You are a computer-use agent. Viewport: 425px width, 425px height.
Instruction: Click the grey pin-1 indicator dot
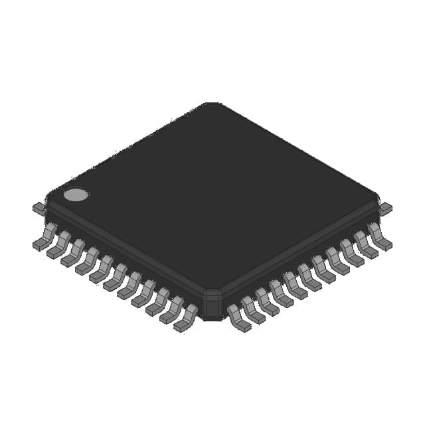75,195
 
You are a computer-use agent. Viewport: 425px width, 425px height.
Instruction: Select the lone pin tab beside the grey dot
39,209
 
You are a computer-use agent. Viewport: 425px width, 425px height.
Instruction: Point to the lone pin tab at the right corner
385,209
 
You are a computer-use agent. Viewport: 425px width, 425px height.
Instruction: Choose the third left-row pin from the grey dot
74,253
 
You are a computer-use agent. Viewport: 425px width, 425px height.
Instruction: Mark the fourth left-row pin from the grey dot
88,261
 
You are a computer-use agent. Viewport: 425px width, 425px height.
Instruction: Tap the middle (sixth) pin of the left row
116,278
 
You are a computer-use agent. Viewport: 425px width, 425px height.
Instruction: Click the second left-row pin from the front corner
173,310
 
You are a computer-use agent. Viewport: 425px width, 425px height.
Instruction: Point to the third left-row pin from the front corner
159,302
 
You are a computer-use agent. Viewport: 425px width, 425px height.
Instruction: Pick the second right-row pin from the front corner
252,310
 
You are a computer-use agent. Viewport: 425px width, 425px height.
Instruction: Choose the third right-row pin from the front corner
266,302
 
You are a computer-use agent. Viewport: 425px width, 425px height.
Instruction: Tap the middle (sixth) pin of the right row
309,278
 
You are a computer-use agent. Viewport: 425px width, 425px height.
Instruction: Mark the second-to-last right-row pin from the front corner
365,245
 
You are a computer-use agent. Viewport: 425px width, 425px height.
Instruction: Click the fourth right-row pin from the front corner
280,294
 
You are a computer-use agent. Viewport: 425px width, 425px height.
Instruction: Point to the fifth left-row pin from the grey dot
102,270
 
